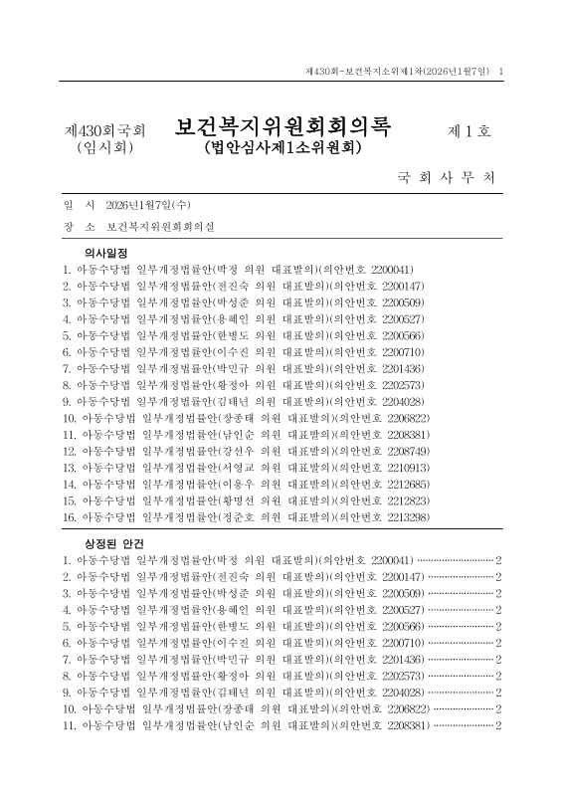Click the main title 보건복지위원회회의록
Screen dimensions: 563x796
pos(283,127)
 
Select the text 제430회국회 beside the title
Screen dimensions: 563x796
pos(104,130)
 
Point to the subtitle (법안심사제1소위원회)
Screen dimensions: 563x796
pos(281,149)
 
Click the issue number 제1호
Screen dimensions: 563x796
pos(470,129)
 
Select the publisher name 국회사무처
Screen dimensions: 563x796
pos(445,179)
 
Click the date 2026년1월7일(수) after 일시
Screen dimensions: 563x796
pos(146,205)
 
